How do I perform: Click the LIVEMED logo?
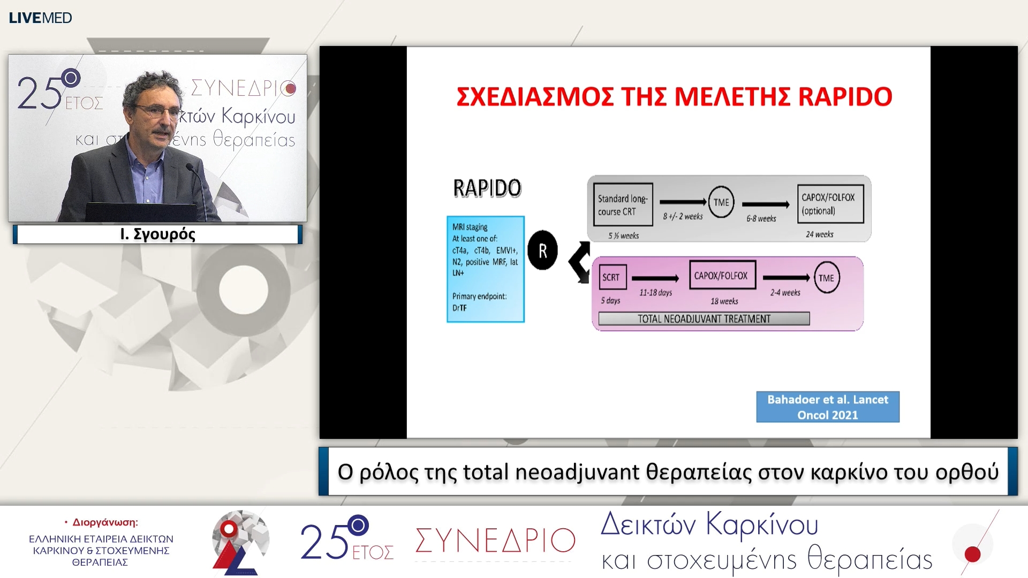pos(40,18)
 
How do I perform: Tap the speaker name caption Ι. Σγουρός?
pos(157,234)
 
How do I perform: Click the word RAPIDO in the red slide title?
pos(844,97)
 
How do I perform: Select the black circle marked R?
pos(542,250)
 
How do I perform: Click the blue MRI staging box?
pos(485,269)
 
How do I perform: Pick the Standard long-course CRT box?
pos(622,205)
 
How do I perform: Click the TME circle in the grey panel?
pos(721,202)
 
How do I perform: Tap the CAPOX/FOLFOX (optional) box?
pos(829,204)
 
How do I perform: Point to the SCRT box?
pos(612,277)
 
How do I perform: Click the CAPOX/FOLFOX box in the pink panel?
pos(722,276)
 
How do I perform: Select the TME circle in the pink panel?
pos(826,278)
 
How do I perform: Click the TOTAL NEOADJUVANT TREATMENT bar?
pos(704,319)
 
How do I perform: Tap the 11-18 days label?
pos(655,293)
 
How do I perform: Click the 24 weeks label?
pos(819,234)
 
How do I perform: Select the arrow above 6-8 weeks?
pos(765,204)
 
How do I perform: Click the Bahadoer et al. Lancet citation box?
pos(827,407)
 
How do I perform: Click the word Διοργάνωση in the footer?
pos(104,522)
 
